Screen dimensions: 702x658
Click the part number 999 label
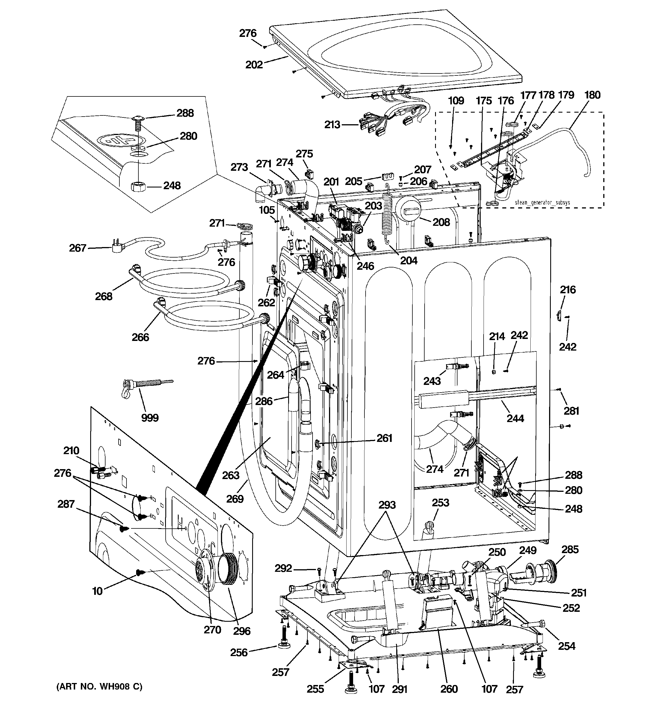click(x=150, y=418)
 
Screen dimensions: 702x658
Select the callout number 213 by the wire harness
click(x=332, y=125)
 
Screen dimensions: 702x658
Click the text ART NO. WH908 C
click(x=99, y=686)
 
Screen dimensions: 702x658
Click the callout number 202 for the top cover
click(x=254, y=65)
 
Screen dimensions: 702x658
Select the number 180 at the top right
click(x=592, y=95)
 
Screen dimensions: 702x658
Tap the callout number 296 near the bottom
click(x=242, y=631)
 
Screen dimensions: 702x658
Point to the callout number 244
click(x=515, y=418)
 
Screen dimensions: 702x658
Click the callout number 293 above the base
click(x=387, y=505)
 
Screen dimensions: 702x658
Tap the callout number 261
click(x=384, y=438)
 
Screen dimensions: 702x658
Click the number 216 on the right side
click(x=568, y=290)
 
